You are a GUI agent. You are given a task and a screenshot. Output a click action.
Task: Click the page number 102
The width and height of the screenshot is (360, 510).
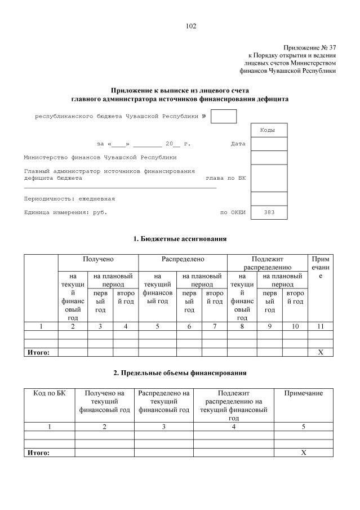(x=190, y=26)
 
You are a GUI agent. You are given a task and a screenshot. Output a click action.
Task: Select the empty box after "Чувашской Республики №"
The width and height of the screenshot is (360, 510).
(x=223, y=117)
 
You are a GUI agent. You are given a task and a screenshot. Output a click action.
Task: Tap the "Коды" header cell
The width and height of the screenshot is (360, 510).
(x=268, y=130)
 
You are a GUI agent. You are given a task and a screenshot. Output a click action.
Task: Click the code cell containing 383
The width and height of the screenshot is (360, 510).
(x=269, y=213)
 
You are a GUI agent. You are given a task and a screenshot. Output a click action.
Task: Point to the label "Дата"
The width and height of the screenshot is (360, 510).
(x=238, y=144)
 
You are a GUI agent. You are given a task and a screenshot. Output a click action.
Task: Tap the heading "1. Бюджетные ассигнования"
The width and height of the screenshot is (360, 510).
(x=180, y=239)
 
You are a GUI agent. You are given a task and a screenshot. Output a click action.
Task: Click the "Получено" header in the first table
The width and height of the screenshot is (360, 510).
(x=98, y=259)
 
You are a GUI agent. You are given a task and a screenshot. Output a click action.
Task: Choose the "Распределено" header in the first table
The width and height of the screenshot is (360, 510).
(x=183, y=259)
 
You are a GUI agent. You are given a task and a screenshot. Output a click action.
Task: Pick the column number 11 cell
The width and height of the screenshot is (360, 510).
(x=321, y=326)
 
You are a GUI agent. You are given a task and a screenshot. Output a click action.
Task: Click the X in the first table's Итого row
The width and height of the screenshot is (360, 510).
(x=321, y=352)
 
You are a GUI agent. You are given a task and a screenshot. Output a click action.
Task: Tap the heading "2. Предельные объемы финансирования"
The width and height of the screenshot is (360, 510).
(x=180, y=373)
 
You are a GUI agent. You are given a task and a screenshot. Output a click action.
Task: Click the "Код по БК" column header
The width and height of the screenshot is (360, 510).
(x=50, y=393)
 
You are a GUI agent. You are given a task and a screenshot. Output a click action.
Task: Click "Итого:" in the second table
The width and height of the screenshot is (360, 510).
(x=39, y=453)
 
